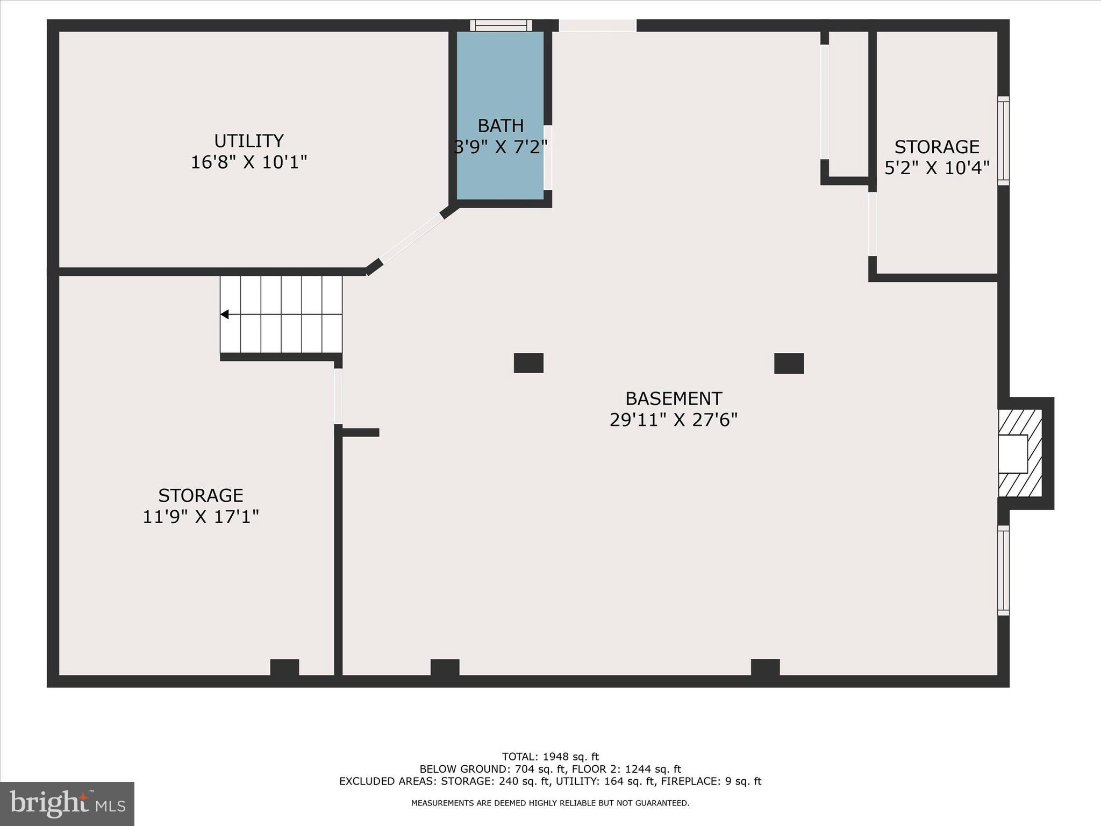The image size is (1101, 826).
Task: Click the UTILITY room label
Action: [248, 141]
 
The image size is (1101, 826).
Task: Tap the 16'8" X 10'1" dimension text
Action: [248, 162]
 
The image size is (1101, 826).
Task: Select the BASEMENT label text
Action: [673, 398]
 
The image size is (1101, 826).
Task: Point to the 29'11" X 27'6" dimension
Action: [673, 419]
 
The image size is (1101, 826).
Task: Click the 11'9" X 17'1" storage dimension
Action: [201, 516]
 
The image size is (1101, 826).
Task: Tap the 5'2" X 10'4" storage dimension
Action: [936, 168]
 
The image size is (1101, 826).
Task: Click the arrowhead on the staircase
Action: [225, 314]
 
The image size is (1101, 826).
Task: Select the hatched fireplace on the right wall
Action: [1020, 453]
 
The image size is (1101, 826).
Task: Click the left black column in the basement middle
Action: [528, 363]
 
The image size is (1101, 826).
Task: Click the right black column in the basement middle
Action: [789, 364]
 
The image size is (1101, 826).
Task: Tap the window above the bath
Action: [501, 25]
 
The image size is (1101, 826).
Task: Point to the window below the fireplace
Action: [1003, 570]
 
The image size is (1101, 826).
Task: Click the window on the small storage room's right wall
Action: [1003, 141]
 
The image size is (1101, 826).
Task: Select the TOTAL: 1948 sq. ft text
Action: [550, 757]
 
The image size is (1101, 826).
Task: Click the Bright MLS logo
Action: [67, 803]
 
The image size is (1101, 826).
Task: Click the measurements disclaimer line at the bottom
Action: [550, 803]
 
